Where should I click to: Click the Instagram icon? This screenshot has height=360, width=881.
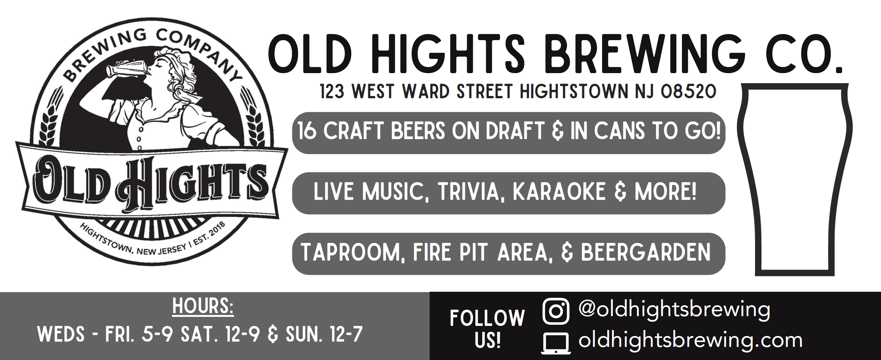tap(556, 311)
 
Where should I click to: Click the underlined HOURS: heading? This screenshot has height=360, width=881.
tap(203, 306)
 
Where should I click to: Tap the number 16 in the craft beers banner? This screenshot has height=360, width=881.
tap(307, 131)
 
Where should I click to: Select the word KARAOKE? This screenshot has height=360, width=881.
tap(559, 192)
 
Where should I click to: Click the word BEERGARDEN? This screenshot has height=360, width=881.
tap(646, 252)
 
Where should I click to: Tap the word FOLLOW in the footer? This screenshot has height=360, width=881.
tap(487, 318)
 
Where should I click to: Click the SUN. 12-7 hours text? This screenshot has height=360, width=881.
tap(324, 334)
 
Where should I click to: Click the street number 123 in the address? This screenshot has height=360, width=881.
tap(332, 91)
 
